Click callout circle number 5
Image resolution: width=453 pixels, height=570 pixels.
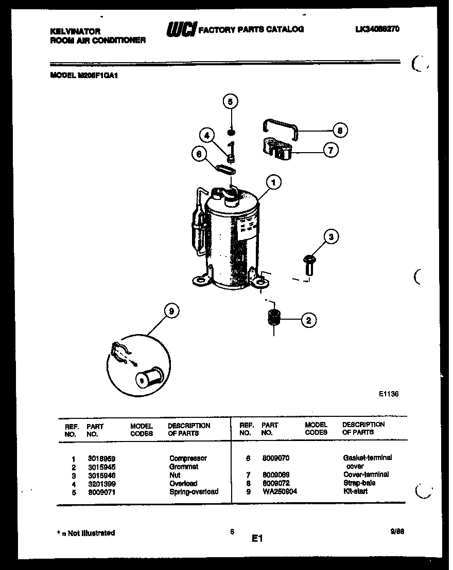231,101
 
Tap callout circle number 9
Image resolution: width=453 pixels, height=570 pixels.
172,310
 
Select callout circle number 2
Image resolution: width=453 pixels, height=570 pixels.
308,320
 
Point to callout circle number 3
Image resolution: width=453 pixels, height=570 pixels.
332,237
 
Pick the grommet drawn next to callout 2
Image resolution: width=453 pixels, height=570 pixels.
273,317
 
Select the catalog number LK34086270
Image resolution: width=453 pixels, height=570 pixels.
377,29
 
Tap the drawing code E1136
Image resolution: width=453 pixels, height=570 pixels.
389,394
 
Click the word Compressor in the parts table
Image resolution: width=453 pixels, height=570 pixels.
188,458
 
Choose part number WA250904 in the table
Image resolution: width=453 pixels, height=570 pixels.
279,491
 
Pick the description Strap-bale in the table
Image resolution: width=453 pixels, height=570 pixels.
359,483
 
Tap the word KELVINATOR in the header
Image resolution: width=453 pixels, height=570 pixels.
75,31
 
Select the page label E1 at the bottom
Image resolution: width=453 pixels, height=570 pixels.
257,539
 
